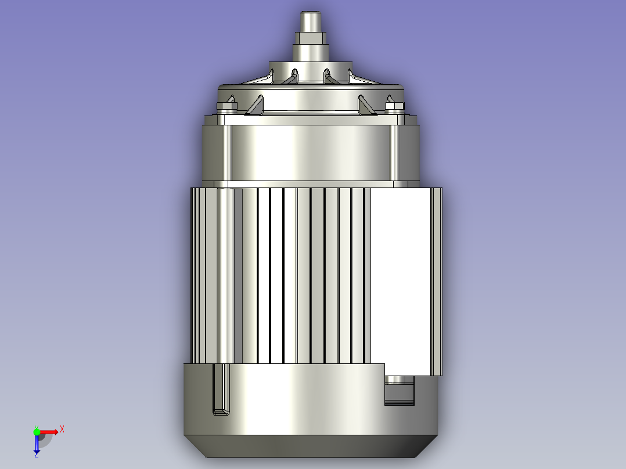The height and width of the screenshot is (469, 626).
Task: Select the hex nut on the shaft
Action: point(311,39)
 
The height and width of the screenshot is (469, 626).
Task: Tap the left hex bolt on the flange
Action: point(226,106)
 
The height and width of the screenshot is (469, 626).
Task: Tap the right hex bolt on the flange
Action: point(394,106)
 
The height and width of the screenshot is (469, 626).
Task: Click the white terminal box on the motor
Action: point(401,279)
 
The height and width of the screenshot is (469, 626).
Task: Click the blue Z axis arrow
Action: point(37,445)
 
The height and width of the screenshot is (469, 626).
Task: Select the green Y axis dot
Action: point(37,431)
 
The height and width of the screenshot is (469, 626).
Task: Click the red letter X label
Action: point(62,429)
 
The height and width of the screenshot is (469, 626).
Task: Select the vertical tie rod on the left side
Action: point(225,276)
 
